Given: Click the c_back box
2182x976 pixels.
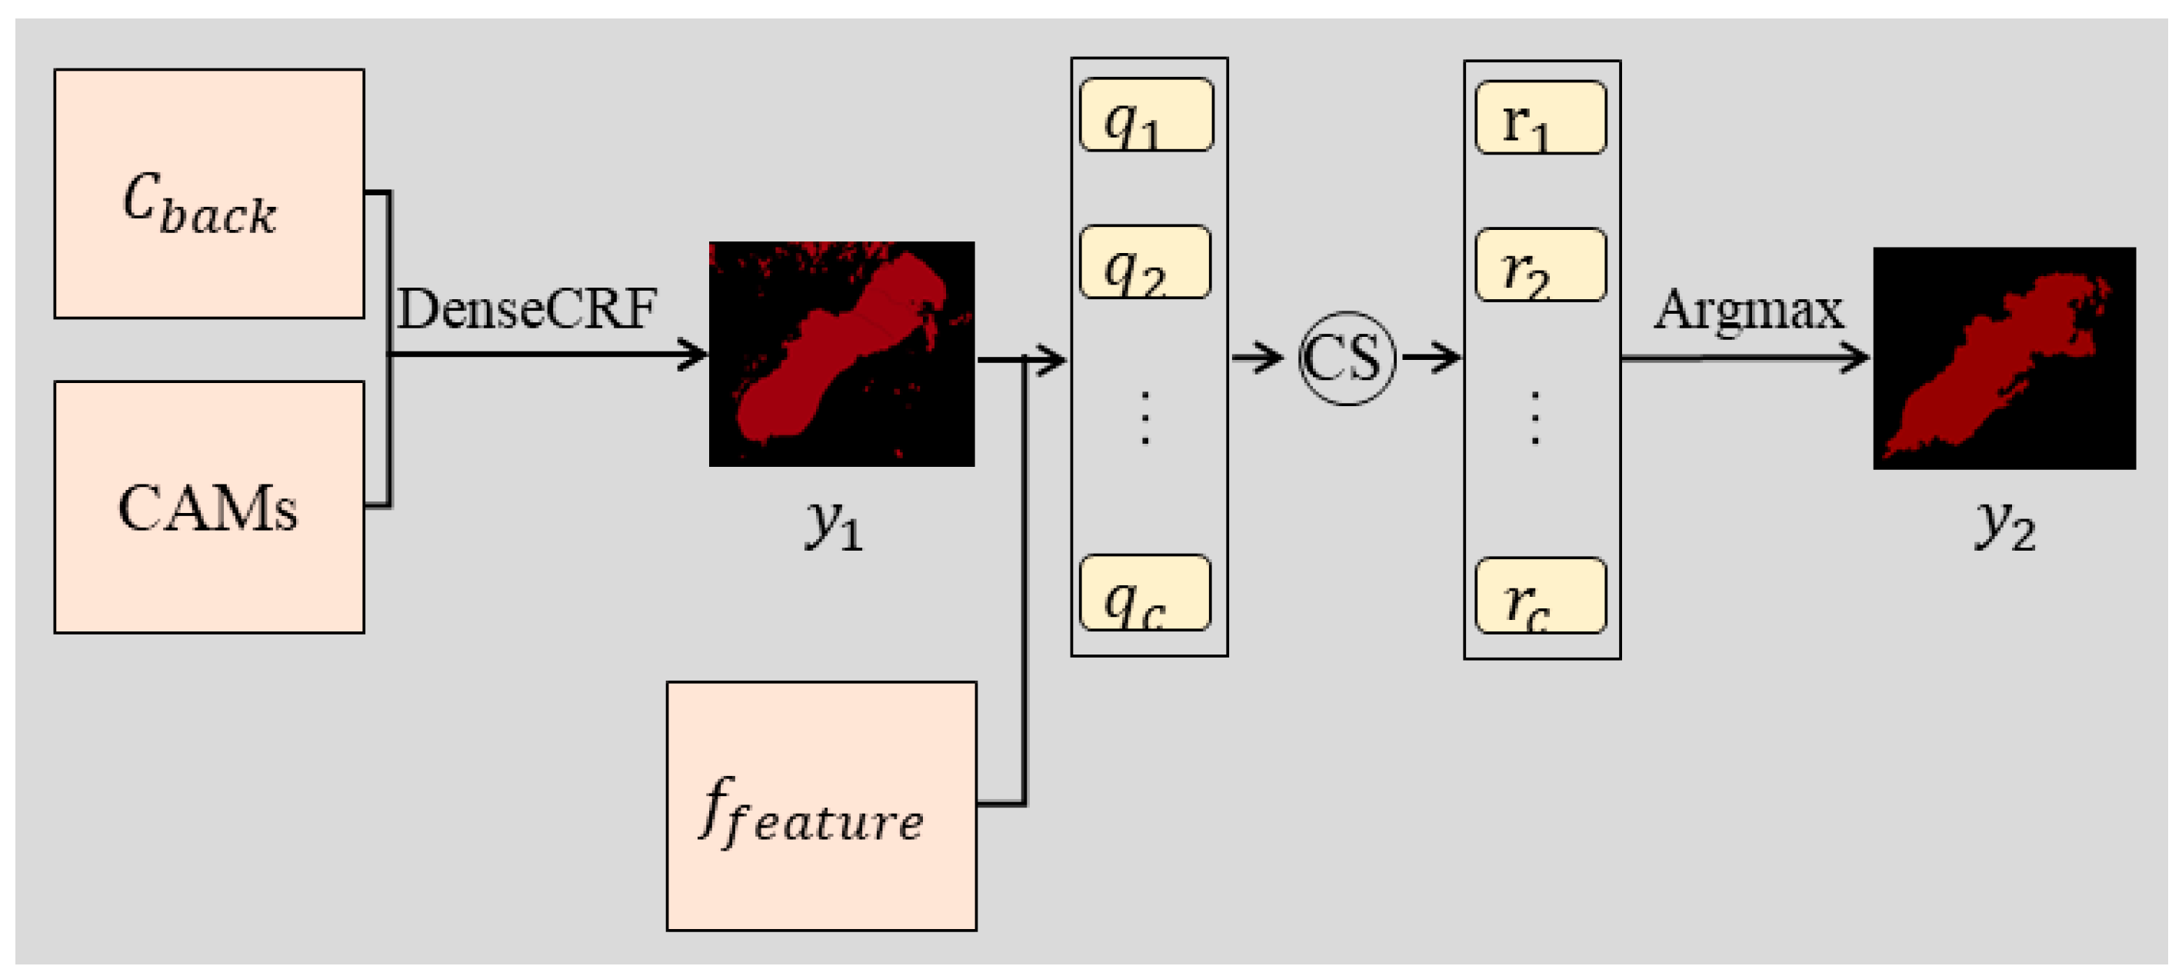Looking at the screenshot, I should click(x=209, y=193).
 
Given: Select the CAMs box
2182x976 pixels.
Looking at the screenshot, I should click(x=209, y=507).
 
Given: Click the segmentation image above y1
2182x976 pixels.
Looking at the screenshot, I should click(x=841, y=353).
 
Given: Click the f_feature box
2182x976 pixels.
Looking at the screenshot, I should click(x=821, y=806).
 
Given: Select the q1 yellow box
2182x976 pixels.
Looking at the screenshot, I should click(x=1146, y=115).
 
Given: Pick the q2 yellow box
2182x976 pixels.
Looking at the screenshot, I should click(x=1144, y=261).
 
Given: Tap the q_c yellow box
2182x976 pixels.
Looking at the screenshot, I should click(x=1144, y=592).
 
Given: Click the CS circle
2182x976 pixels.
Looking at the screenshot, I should click(x=1346, y=358).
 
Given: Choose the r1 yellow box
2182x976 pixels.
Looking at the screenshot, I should click(x=1540, y=118).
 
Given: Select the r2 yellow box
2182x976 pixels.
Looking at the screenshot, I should click(x=1540, y=265).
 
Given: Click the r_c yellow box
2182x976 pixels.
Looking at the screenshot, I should click(x=1540, y=595).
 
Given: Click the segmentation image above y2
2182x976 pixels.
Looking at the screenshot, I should click(x=2004, y=358).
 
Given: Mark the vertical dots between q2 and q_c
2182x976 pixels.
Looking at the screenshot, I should click(x=1144, y=418).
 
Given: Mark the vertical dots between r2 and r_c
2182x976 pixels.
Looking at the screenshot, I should click(x=1535, y=418).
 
